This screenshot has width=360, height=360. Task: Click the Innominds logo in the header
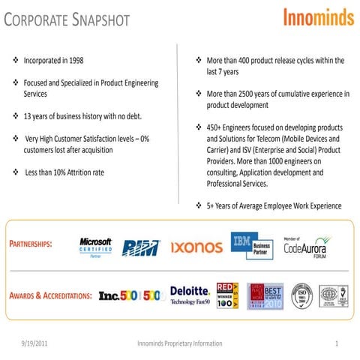tap(318, 17)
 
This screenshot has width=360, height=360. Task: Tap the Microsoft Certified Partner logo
tap(95, 247)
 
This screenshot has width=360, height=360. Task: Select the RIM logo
tap(140, 247)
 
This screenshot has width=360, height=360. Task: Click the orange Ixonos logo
tap(196, 247)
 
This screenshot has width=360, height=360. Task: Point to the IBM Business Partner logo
tap(250, 246)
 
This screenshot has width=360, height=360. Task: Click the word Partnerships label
tap(31, 246)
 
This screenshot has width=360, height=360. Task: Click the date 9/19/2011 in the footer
tap(38, 343)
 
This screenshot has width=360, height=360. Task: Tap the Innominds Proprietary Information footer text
tap(180, 343)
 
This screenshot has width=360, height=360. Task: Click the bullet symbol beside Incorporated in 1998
tap(16, 59)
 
